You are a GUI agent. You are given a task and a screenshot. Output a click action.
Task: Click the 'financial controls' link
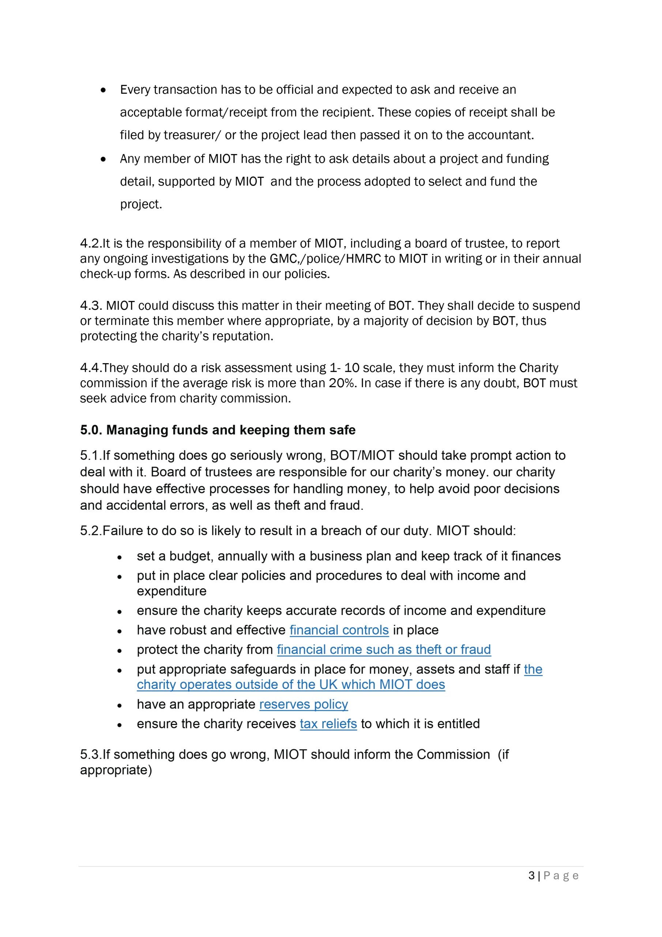[339, 630]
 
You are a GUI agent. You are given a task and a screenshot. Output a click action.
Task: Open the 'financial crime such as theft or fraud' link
[383, 650]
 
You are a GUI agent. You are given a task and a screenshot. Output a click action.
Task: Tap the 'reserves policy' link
[304, 704]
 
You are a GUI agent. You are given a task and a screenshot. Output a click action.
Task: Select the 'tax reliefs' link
[328, 724]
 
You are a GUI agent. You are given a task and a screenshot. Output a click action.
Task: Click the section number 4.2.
[90, 244]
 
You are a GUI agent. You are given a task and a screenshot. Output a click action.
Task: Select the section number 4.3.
[91, 306]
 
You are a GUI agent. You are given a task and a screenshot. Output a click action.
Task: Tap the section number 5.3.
[90, 755]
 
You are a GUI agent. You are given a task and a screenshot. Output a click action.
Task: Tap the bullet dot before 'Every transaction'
[104, 90]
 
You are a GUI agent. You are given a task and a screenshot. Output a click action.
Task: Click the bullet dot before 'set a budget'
[120, 557]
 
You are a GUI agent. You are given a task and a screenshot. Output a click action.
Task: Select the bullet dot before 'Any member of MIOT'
[104, 159]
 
